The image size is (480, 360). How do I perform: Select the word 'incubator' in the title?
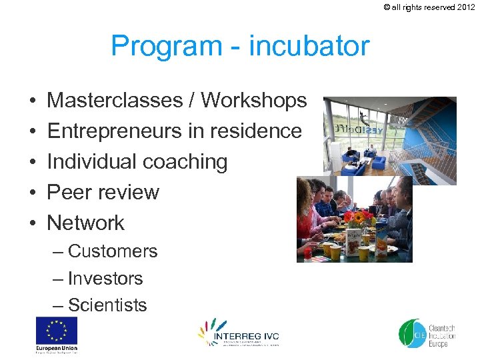point(309,46)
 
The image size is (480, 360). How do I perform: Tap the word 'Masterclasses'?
point(120,101)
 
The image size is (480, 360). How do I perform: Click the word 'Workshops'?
point(254,101)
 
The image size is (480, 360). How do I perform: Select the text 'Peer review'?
point(103,193)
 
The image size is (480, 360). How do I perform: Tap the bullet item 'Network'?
point(86,223)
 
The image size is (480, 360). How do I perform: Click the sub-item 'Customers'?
point(113,251)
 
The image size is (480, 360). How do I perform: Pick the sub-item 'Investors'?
point(105,279)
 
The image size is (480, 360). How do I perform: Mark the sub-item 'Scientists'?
point(107,305)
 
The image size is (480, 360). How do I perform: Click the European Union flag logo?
point(57,331)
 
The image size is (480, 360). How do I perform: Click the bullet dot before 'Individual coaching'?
point(32,162)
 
